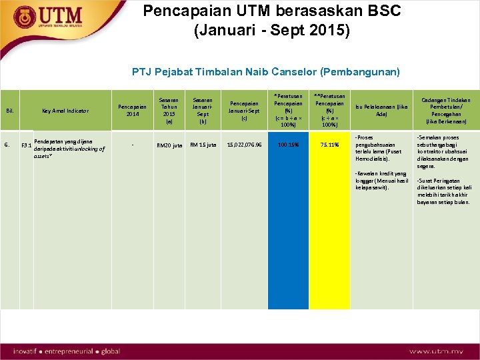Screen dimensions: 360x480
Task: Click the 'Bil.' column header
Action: click(x=10, y=111)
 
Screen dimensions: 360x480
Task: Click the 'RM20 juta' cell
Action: click(x=169, y=145)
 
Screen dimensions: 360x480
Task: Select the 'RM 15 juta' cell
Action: click(x=203, y=144)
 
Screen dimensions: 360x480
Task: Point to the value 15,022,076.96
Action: click(x=245, y=144)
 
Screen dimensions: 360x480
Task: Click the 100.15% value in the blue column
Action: click(x=289, y=144)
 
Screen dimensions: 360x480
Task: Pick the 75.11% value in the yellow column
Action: click(x=329, y=144)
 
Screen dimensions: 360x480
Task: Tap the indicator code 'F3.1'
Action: click(x=26, y=145)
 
